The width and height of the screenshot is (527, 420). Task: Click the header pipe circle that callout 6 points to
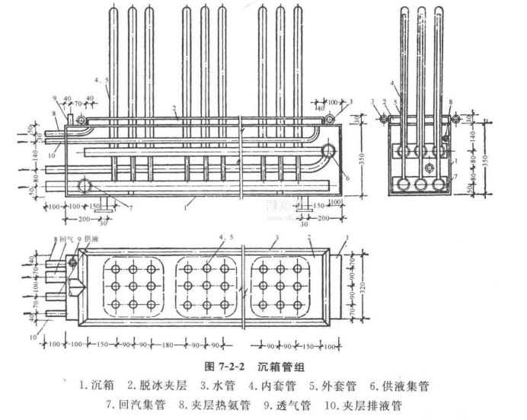(x=330, y=152)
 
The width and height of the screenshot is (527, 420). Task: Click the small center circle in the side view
(x=430, y=168)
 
